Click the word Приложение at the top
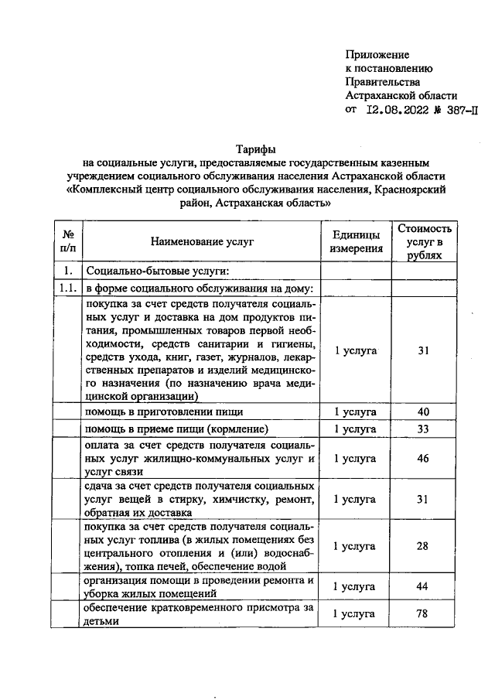point(377,55)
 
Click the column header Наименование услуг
point(202,242)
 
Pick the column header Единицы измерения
point(356,242)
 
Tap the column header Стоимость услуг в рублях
point(423,242)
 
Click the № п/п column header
point(67,242)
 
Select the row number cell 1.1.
point(67,289)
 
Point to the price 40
point(423,411)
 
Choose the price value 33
point(423,429)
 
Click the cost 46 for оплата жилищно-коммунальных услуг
point(423,459)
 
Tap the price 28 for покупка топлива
point(423,546)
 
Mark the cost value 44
point(423,586)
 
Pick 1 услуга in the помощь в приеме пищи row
point(356,429)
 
